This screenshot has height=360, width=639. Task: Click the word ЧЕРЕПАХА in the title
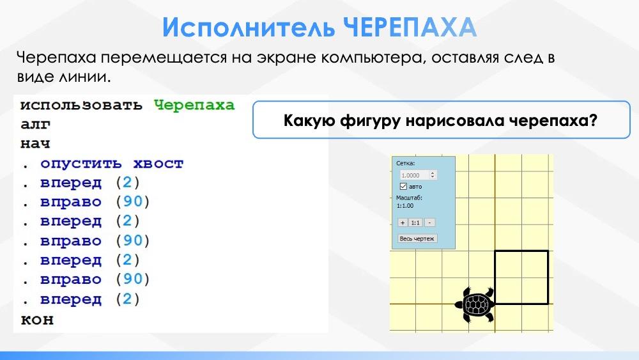click(x=410, y=27)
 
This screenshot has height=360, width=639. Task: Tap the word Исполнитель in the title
click(x=249, y=27)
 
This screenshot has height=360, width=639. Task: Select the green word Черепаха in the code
click(x=194, y=106)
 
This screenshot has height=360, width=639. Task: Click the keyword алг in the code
click(x=35, y=124)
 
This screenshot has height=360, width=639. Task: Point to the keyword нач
click(x=35, y=143)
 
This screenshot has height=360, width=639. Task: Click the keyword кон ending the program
click(x=37, y=319)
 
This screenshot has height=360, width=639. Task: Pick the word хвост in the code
click(x=158, y=164)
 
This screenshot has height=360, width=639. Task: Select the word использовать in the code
click(x=82, y=106)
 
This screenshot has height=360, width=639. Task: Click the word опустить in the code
click(x=81, y=164)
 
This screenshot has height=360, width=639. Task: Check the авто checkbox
click(x=403, y=186)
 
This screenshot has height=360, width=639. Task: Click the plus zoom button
click(x=403, y=223)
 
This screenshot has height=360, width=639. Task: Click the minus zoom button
click(x=429, y=223)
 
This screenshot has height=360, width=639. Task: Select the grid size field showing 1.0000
click(x=418, y=175)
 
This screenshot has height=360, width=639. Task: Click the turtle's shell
click(x=476, y=304)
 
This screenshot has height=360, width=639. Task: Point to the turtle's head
click(x=459, y=304)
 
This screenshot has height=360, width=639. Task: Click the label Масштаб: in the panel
click(x=409, y=198)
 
